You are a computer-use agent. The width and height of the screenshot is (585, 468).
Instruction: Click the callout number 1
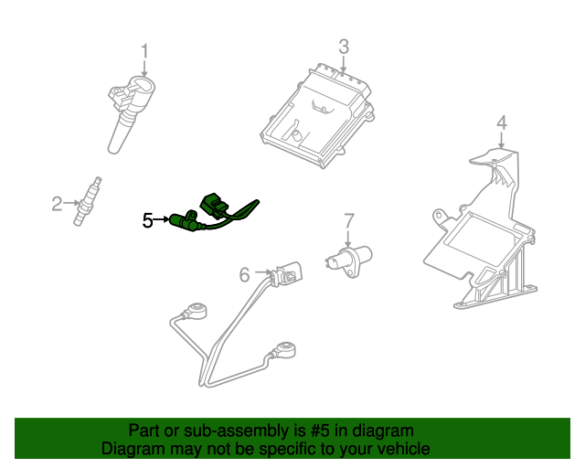click(144, 51)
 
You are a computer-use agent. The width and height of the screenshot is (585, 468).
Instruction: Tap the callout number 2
click(57, 204)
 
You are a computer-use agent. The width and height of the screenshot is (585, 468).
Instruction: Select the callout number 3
click(344, 47)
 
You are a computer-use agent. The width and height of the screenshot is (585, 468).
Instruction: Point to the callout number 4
click(502, 122)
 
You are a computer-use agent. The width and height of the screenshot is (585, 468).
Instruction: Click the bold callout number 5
click(148, 220)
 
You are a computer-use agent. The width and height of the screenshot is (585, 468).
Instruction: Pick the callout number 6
click(244, 275)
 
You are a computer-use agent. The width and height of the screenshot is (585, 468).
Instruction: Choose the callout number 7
click(348, 221)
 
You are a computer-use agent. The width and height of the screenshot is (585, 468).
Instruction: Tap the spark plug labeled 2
click(87, 201)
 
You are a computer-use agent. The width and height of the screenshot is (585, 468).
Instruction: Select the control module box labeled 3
click(317, 116)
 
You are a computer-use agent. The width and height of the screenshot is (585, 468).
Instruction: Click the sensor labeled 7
click(349, 261)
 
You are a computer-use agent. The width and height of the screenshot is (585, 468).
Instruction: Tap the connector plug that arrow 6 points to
click(286, 275)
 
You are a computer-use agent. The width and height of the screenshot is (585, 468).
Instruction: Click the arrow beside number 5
click(162, 219)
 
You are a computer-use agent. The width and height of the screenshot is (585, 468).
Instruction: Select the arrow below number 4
click(502, 141)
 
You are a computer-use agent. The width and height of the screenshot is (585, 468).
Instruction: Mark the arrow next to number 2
click(71, 203)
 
